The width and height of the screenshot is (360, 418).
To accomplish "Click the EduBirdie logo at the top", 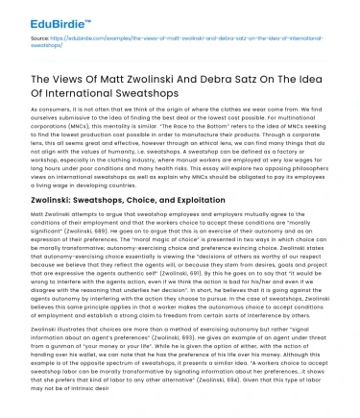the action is [x=37, y=13].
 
